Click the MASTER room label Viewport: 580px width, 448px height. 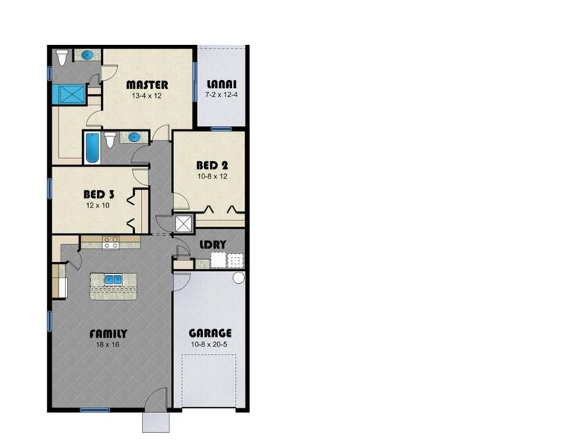[x=147, y=84]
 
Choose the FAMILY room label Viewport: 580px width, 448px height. [x=108, y=334]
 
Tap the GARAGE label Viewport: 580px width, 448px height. [x=210, y=333]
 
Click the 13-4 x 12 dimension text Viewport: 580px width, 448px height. [x=147, y=96]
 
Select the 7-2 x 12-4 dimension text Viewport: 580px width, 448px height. [x=221, y=96]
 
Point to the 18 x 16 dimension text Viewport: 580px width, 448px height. [x=108, y=344]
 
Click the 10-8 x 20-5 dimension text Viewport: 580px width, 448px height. [x=210, y=344]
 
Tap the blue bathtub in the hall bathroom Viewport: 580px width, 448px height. [x=92, y=148]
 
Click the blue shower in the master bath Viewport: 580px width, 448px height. [x=69, y=94]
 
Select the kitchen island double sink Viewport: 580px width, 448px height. [x=113, y=280]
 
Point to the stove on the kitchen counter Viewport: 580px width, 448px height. [x=111, y=243]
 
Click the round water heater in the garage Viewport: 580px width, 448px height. [x=238, y=278]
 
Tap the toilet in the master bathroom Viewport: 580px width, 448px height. [x=63, y=56]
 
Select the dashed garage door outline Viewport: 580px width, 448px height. [x=210, y=381]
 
